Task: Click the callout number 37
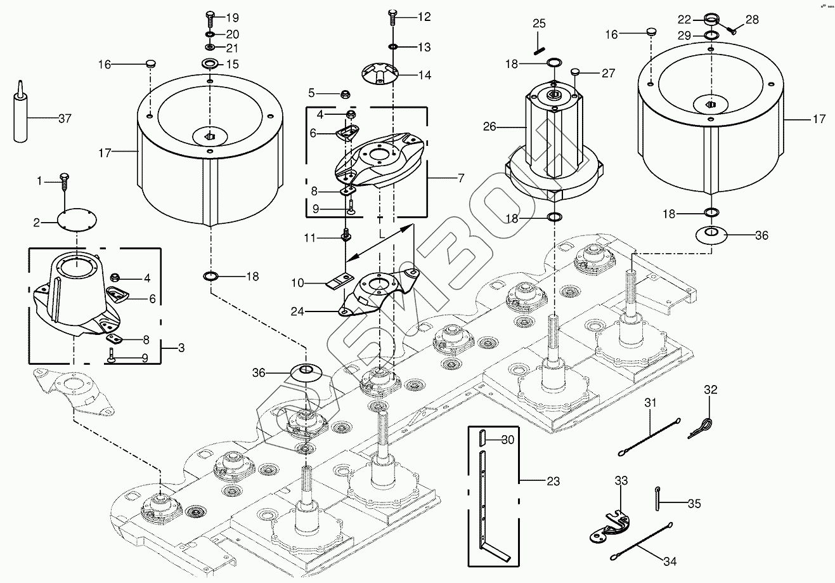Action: click(x=65, y=119)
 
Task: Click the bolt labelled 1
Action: click(x=63, y=182)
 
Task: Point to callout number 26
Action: click(x=489, y=127)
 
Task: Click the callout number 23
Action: click(x=553, y=481)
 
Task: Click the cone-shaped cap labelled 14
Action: click(x=378, y=74)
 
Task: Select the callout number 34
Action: click(x=670, y=561)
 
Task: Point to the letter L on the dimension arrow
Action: click(x=382, y=234)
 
